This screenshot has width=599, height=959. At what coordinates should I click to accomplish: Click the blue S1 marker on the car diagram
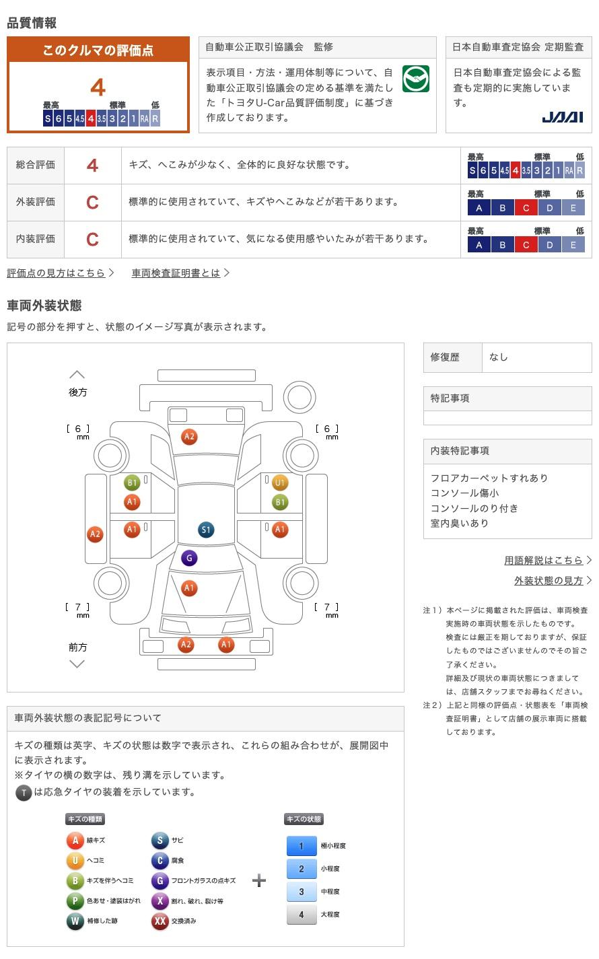[x=206, y=530]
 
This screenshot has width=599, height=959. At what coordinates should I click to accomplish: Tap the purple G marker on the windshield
[x=189, y=558]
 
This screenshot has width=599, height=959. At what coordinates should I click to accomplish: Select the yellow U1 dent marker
[x=280, y=483]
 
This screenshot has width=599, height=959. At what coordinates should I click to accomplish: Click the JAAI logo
[x=563, y=118]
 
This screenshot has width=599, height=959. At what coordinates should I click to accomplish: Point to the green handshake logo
[x=415, y=79]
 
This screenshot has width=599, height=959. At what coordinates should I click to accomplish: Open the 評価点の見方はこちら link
[x=57, y=273]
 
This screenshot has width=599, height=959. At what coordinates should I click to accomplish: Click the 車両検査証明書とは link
[x=176, y=273]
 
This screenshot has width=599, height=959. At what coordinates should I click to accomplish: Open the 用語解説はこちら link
[x=544, y=560]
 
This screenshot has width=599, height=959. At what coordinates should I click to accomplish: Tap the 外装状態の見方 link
[x=549, y=580]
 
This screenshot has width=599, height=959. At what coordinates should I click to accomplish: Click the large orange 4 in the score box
[x=98, y=87]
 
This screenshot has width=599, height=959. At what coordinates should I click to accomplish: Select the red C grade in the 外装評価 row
[x=92, y=202]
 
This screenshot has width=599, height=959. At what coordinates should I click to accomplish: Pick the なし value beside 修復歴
[x=499, y=357]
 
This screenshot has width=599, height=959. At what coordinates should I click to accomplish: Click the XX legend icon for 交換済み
[x=160, y=921]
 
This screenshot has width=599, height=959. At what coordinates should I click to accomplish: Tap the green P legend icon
[x=75, y=900]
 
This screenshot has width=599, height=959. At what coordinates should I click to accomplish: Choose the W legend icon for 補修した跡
[x=75, y=921]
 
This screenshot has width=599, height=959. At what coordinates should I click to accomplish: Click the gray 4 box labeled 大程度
[x=302, y=915]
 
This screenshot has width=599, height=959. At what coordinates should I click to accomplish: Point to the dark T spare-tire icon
[x=24, y=793]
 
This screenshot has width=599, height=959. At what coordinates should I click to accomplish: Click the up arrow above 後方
[x=77, y=375]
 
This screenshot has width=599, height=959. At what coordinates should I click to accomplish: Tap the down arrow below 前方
[x=77, y=664]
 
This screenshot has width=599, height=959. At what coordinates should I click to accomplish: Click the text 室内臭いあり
[x=460, y=523]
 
